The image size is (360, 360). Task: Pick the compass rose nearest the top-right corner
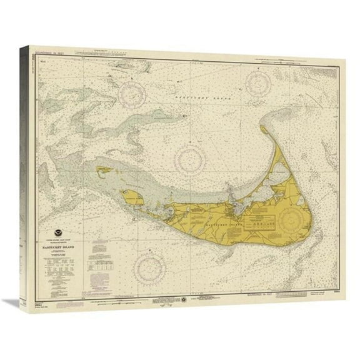(257, 82)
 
